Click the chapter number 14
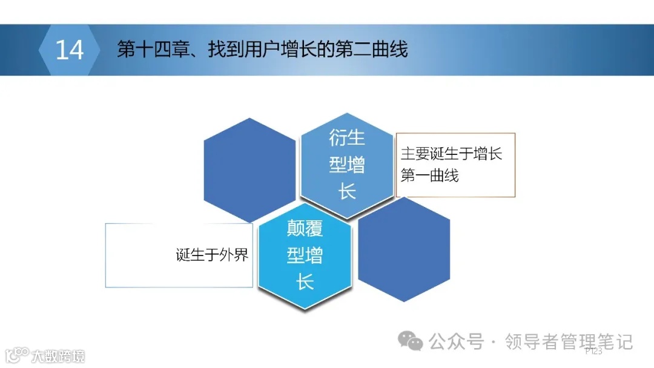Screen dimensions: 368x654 69,50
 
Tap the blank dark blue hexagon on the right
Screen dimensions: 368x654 404,249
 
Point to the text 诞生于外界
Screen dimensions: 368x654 213,255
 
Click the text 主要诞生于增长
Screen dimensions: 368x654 451,154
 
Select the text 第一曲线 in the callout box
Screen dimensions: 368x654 429,176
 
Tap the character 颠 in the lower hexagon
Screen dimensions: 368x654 296,229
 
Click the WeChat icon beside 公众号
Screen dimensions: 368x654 415,343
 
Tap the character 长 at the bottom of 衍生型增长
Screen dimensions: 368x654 347,192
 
